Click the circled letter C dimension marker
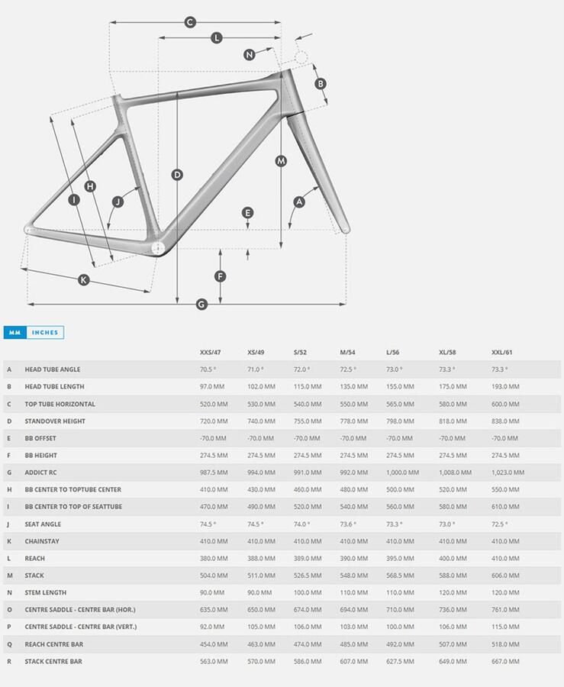pyautogui.click(x=190, y=22)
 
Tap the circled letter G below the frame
pyautogui.click(x=201, y=305)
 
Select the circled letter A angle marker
pyautogui.click(x=299, y=202)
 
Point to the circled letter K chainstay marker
pyautogui.click(x=84, y=279)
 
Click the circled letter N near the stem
pyautogui.click(x=250, y=54)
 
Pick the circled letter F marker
pyautogui.click(x=221, y=276)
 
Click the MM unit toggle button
pyautogui.click(x=15, y=333)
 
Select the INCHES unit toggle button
pyautogui.click(x=45, y=333)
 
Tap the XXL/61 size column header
pyautogui.click(x=502, y=353)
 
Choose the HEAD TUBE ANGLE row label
pyautogui.click(x=53, y=369)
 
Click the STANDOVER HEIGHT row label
pyautogui.click(x=55, y=421)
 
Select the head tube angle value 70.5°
pyautogui.click(x=208, y=369)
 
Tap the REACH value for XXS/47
pyautogui.click(x=213, y=559)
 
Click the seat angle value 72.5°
pyautogui.click(x=500, y=524)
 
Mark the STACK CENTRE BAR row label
pyautogui.click(x=53, y=662)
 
